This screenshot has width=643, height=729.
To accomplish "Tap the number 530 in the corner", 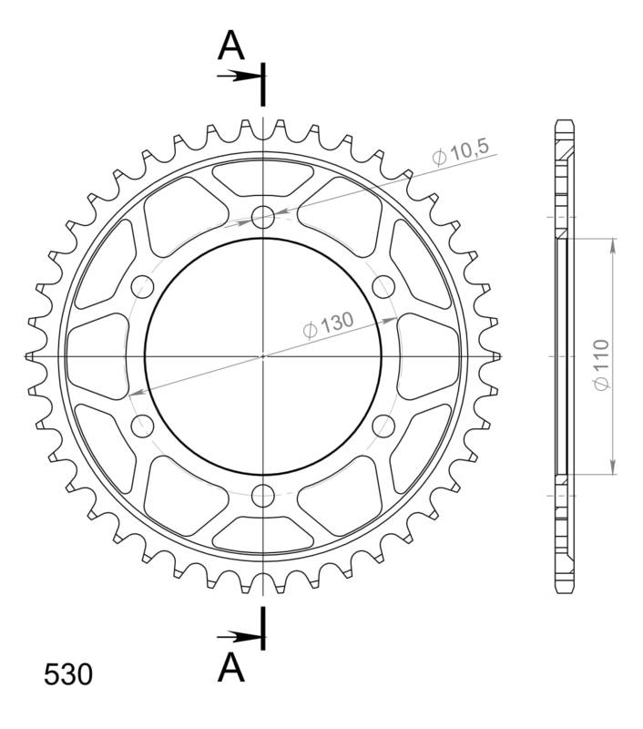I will point(67,675).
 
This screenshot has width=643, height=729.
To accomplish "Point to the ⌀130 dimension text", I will point(325,325).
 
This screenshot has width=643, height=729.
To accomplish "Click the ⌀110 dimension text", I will point(599,365).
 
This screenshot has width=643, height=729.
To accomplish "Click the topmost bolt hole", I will point(263,216).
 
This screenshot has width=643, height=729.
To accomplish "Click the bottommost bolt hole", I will point(263,495).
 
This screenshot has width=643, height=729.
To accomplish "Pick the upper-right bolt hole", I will point(383,286).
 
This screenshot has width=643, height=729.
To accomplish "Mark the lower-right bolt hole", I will point(383,425).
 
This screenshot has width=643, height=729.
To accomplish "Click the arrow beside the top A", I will point(239,76).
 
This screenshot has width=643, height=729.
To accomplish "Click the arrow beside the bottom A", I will point(239,635).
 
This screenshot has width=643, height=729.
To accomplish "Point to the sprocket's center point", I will point(263,355).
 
